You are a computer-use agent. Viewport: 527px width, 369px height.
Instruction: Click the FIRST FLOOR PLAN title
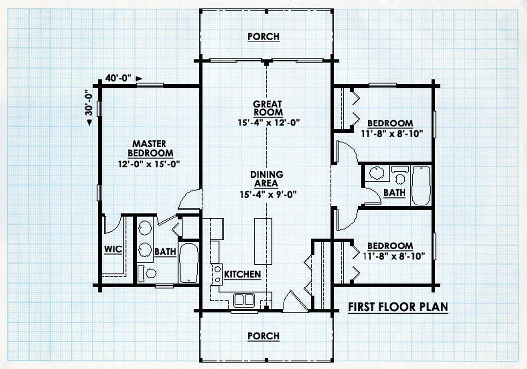398,307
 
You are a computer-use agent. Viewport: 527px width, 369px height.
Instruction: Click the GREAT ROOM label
268,108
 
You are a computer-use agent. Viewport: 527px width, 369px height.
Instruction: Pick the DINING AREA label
267,179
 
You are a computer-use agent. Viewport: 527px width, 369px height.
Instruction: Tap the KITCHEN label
243,274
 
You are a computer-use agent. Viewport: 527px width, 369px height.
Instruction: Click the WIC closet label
113,249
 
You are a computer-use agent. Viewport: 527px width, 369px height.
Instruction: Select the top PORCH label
264,36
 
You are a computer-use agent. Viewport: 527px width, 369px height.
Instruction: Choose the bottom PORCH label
264,336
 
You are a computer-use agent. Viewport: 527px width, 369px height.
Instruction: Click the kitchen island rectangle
263,241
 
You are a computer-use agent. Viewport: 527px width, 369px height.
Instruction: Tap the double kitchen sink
244,300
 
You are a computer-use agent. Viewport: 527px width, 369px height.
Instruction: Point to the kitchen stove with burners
217,274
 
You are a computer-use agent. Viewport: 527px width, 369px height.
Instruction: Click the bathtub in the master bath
188,263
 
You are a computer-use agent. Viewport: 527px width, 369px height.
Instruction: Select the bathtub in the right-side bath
421,186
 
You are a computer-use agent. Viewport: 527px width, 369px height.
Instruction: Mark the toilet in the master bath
147,273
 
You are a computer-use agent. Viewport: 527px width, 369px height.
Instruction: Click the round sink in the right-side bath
376,173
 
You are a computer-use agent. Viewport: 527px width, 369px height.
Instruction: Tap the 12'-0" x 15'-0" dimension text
149,164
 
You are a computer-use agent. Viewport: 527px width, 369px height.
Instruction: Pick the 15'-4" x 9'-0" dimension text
268,194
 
